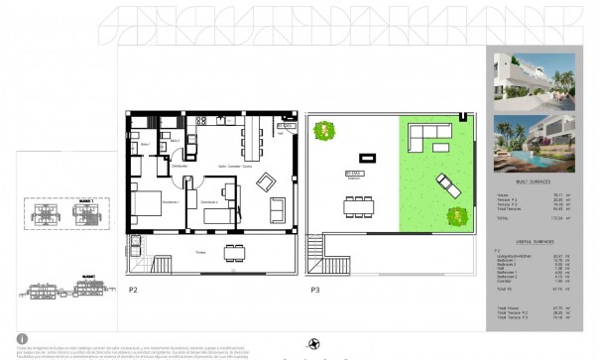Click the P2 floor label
(x=132, y=290)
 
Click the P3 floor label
(x=314, y=290)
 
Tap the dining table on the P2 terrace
(x=233, y=252)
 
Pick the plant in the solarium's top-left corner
(x=321, y=130)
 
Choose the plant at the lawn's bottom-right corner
(x=459, y=215)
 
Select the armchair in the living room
(x=277, y=208)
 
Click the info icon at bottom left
(x=22, y=338)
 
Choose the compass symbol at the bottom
(x=315, y=343)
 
